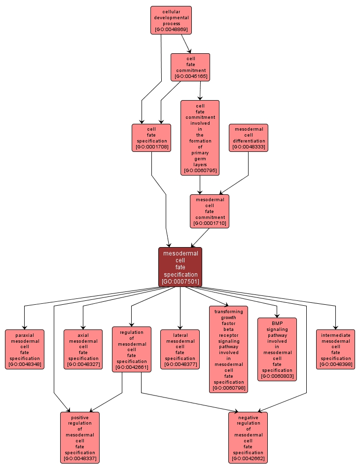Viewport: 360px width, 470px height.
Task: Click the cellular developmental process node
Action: tap(171, 20)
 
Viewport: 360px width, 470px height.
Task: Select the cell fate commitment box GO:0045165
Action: tap(190, 67)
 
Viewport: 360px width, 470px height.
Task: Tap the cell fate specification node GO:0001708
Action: tap(151, 138)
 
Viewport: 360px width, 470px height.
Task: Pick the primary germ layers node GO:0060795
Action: tap(200, 138)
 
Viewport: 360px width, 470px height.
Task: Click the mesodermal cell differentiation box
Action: tap(249, 138)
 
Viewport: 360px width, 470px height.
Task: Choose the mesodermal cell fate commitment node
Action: tap(210, 211)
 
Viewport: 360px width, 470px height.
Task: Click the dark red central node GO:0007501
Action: tap(180, 267)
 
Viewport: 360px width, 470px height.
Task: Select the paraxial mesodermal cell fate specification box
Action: tap(24, 349)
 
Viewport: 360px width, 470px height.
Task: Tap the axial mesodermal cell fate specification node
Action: tap(83, 349)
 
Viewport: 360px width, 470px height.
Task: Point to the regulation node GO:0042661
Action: tap(132, 349)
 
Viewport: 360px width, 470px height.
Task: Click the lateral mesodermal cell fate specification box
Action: tap(180, 349)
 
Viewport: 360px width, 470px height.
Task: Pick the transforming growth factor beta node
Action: tap(229, 349)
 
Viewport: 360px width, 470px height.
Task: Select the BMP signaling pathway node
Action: tap(277, 349)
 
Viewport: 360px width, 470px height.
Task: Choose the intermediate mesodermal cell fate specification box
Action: tap(335, 349)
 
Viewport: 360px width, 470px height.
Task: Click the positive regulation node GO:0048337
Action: tap(80, 437)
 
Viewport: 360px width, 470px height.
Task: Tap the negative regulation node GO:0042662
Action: tap(248, 437)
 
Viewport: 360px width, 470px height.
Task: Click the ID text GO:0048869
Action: tap(171, 30)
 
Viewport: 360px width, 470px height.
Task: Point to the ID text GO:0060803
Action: tap(277, 376)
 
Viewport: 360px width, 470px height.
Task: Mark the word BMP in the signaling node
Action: tap(277, 323)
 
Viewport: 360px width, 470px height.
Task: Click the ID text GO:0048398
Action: tap(335, 364)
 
